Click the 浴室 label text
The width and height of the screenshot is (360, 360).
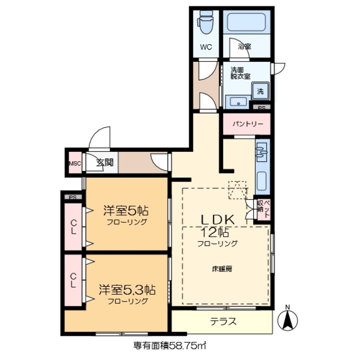click(244, 46)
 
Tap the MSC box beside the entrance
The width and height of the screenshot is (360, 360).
click(75, 164)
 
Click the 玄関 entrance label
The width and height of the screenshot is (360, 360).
click(103, 164)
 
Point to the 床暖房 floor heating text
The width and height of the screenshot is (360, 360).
click(222, 268)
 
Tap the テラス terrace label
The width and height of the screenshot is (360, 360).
click(223, 322)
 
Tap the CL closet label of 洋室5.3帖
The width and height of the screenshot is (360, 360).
click(74, 280)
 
